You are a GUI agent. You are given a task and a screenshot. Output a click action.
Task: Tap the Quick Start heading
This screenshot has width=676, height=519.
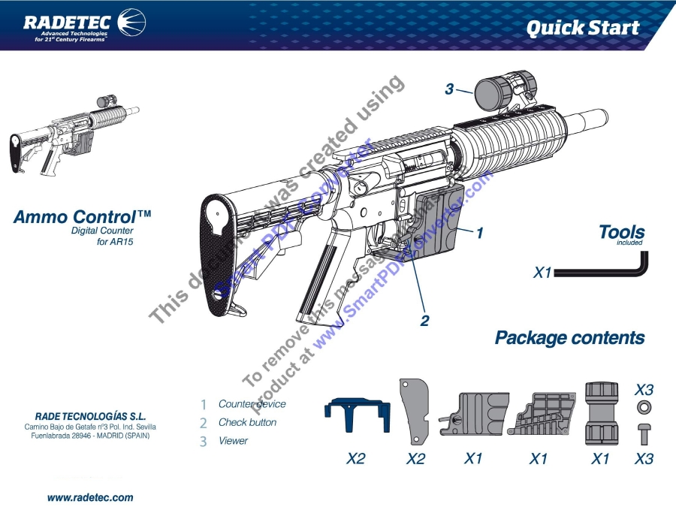tap(582, 29)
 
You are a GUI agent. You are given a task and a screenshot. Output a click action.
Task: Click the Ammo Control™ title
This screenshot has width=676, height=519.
tap(83, 217)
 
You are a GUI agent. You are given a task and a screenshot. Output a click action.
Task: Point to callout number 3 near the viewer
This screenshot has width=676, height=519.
tap(449, 89)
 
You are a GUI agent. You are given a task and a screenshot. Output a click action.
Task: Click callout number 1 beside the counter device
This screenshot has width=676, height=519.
tap(478, 233)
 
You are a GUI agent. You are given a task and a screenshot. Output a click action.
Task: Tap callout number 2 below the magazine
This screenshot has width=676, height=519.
tap(424, 321)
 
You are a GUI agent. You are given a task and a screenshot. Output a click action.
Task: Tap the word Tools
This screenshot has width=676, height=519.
tap(621, 232)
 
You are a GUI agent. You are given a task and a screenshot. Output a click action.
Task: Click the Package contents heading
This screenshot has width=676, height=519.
tap(569, 338)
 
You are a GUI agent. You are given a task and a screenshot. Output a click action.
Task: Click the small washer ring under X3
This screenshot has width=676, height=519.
tap(644, 408)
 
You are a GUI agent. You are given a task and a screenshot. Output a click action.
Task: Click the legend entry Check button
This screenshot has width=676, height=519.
tap(247, 422)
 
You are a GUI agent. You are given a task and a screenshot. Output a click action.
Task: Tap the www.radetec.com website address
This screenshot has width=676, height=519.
tap(90, 497)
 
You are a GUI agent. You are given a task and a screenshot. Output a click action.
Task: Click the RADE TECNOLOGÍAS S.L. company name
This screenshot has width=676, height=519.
tap(90, 415)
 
